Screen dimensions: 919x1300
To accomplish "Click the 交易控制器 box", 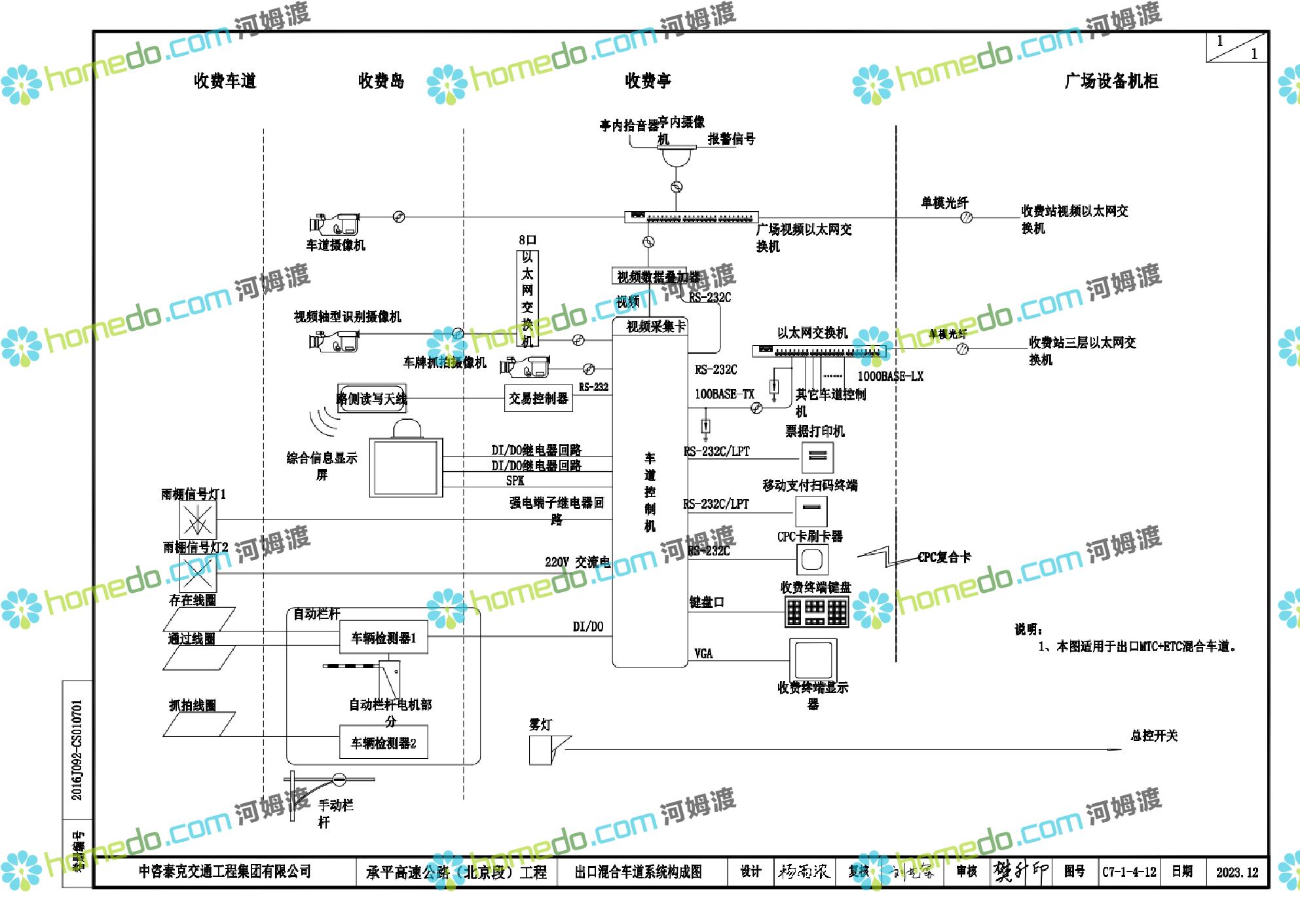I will [538, 398].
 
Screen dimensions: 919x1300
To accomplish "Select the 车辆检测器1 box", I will [384, 638].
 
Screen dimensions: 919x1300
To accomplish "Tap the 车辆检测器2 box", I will [384, 743].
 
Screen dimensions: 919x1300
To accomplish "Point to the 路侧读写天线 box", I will [372, 398].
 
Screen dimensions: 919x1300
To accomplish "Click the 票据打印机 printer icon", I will [817, 457].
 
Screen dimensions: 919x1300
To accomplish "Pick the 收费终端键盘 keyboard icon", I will [817, 612].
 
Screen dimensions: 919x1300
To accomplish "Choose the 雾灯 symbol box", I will [541, 749].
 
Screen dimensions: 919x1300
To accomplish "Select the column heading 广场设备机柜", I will [1111, 81].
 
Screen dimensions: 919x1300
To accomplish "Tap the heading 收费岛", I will [381, 81].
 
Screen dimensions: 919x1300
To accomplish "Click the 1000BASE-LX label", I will [890, 377].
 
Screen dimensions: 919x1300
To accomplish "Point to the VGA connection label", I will [703, 654].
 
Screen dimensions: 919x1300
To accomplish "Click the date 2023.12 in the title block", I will [1237, 872].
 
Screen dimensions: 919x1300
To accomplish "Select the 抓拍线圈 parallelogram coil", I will [199, 724].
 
